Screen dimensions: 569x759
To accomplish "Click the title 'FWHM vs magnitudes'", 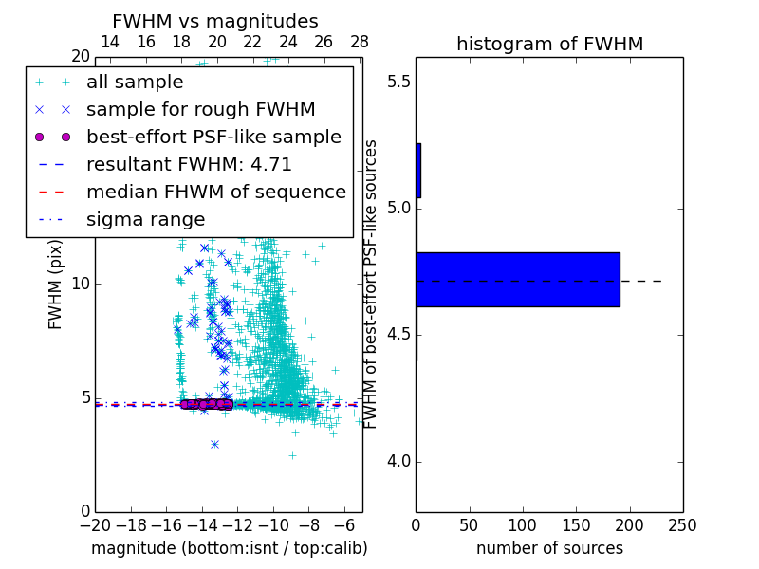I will (215, 22).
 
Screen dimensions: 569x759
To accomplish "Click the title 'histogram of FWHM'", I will (549, 44).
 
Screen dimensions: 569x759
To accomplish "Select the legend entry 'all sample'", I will (135, 82).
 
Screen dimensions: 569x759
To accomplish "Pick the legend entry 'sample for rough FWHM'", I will (200, 109).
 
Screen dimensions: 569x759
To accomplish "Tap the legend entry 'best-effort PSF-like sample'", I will (213, 137).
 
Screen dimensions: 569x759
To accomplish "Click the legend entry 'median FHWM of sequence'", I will (215, 192).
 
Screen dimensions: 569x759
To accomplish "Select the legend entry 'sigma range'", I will (145, 219).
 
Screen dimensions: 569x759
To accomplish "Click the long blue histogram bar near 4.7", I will (518, 280).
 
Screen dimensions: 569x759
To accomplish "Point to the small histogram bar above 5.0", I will (418, 171).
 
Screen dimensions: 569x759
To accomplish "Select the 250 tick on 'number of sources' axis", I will (683, 524).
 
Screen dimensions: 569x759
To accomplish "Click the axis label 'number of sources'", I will (549, 548).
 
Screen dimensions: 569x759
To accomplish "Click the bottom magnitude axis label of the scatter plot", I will (229, 548).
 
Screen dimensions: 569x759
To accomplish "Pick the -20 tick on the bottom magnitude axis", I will (95, 524).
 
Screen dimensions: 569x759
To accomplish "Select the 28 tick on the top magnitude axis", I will (360, 42).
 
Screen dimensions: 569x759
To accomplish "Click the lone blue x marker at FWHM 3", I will (214, 444).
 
